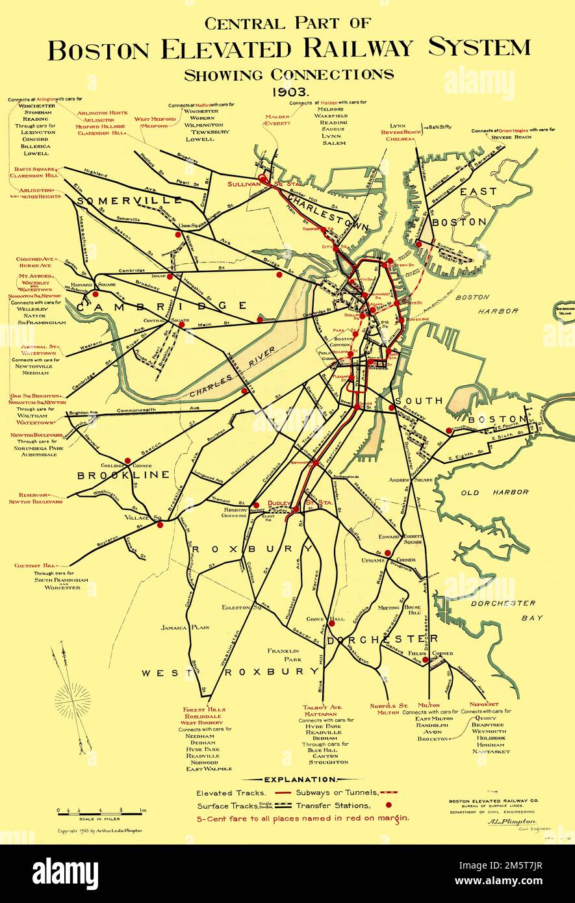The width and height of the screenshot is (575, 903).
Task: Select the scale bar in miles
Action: pyautogui.click(x=101, y=810)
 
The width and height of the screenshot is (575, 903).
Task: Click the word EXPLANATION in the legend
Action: pyautogui.click(x=300, y=779)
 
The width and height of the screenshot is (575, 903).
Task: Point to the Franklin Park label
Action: pyautogui.click(x=282, y=655)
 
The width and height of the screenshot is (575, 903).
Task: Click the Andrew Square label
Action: pyautogui.click(x=411, y=480)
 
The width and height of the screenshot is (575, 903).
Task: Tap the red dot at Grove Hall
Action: pyautogui.click(x=331, y=622)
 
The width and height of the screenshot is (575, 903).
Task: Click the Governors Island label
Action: pyautogui.click(x=565, y=310)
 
